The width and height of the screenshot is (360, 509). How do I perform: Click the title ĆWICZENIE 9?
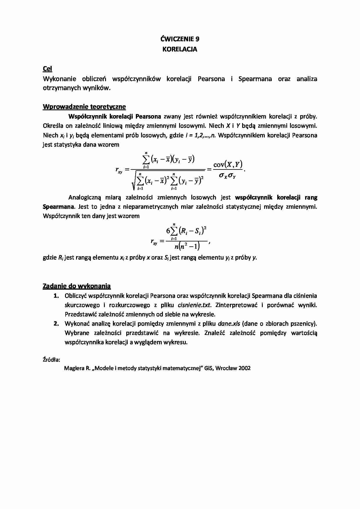(180, 39)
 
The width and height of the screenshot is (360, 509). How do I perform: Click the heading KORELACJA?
(180, 49)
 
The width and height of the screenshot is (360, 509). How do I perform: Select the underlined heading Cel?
(47, 69)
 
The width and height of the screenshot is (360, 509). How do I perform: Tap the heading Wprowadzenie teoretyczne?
(84, 107)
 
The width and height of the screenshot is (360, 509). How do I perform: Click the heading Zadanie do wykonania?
(77, 286)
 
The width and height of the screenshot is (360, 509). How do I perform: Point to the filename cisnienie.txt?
(194, 305)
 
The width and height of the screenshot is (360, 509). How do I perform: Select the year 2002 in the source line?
(244, 368)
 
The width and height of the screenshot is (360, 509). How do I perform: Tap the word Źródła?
(51, 360)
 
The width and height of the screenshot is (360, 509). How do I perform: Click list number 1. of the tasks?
(56, 296)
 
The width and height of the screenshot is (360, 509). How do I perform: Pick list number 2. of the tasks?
(56, 324)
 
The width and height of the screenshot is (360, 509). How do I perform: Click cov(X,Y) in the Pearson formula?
(228, 165)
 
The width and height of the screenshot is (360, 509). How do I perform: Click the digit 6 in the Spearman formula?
(168, 231)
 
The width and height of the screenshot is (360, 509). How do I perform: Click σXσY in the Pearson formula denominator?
(227, 176)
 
